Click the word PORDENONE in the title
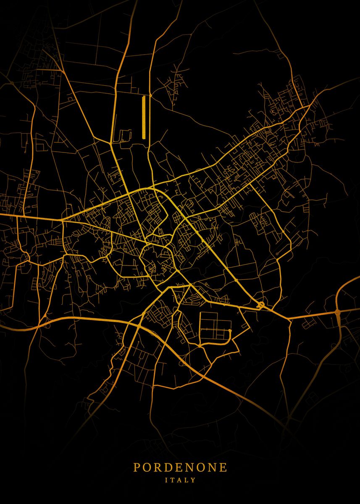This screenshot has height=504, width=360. point(180,467)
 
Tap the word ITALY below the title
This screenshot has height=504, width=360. point(180,480)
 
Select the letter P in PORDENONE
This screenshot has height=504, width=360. point(137,467)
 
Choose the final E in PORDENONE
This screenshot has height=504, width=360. point(223,467)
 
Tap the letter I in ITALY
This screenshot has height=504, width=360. point(167,480)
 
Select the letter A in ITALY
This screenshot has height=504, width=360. point(180,480)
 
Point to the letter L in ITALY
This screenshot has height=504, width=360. point(187,480)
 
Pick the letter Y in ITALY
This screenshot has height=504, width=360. point(193,480)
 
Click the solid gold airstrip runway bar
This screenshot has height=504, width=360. point(143,118)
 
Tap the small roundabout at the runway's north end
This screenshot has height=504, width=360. point(150,96)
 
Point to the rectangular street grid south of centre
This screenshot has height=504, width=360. point(215,326)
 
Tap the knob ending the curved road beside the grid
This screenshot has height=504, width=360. point(230,331)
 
